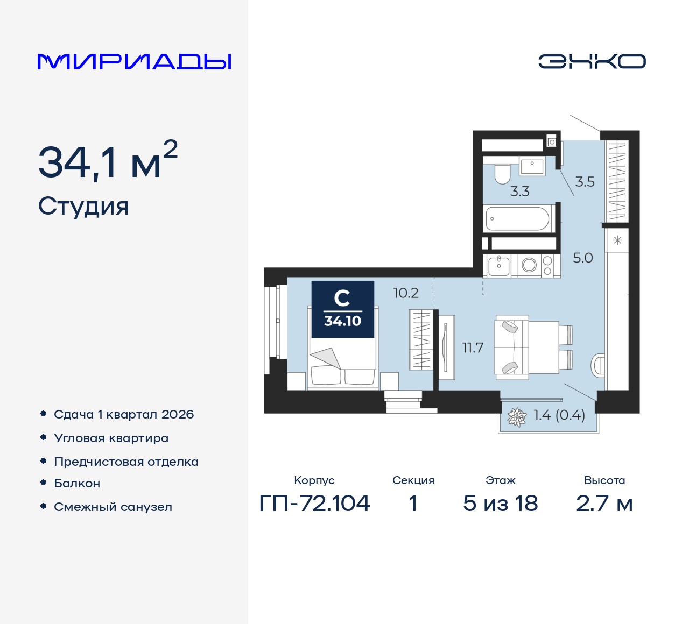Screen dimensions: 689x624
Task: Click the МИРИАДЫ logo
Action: pos(134,62)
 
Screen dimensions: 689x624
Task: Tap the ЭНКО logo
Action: pos(592,61)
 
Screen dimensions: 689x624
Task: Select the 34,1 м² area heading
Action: pos(108,160)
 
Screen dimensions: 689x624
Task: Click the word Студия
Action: pos(83,206)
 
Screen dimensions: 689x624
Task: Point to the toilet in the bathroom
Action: pos(503,174)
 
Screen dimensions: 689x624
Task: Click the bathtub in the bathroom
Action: pos(517,218)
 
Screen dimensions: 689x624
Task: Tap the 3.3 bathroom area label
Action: pos(519,191)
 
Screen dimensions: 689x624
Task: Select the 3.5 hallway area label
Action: pos(585,182)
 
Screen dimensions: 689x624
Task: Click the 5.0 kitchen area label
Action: pos(583,258)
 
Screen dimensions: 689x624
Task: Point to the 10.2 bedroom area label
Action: pos(406,293)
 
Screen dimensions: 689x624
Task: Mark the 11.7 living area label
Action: pos(473,348)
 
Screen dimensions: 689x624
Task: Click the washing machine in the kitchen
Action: pos(529,265)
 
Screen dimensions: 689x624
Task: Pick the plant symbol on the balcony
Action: pos(517,417)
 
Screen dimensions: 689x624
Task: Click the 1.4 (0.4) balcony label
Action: pos(559,415)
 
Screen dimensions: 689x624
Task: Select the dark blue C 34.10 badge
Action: pos(342,309)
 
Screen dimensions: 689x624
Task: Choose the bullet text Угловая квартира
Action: pos(111,438)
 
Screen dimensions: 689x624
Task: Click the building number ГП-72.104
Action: pos(314,503)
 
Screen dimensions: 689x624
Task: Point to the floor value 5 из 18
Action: pos(501,503)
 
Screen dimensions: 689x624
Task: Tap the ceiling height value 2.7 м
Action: pos(604,504)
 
